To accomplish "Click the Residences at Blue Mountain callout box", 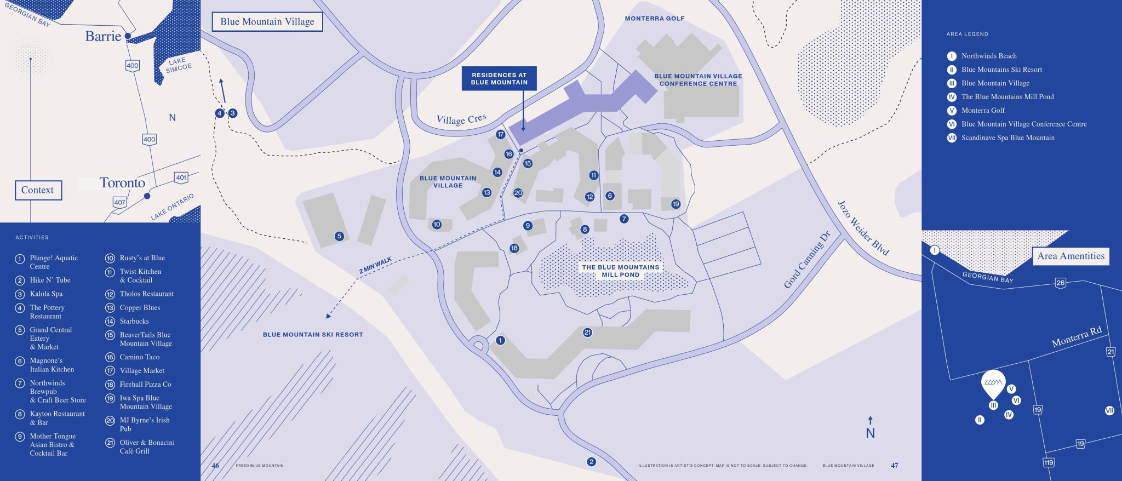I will coord(499,79).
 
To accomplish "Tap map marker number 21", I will coord(587,333).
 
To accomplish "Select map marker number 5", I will coord(339,237).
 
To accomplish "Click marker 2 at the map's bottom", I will coord(591,462).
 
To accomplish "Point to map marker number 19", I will coord(676,204).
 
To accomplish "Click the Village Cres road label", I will coord(461,119).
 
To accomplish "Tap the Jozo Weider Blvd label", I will coord(862,228).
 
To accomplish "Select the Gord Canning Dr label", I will coord(807,260).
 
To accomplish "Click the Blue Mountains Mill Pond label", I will coord(621,271).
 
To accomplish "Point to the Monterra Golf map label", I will coord(654,19).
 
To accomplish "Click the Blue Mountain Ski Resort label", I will coord(313,335).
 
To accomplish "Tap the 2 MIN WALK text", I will coord(375,265).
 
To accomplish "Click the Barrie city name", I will coord(103,36).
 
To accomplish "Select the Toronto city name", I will coord(122,183).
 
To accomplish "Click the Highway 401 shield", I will coord(181,177).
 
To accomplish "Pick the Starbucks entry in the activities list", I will coord(134,322).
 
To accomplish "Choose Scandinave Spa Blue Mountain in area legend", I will coord(1007,138).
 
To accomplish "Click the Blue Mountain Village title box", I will coord(267,22).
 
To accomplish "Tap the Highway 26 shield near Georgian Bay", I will coord(1060,283).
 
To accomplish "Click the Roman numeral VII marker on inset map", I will coord(1109,410).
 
